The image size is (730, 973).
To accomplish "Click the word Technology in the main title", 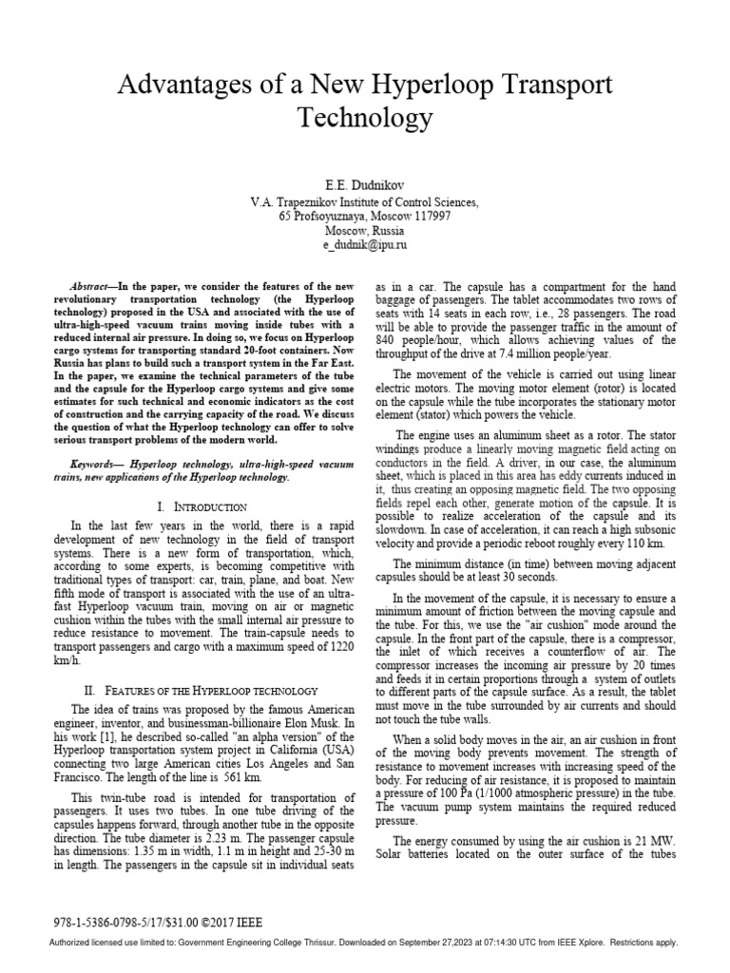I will pyautogui.click(x=365, y=119).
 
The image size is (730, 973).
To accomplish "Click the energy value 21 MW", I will pyautogui.click(x=639, y=841).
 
